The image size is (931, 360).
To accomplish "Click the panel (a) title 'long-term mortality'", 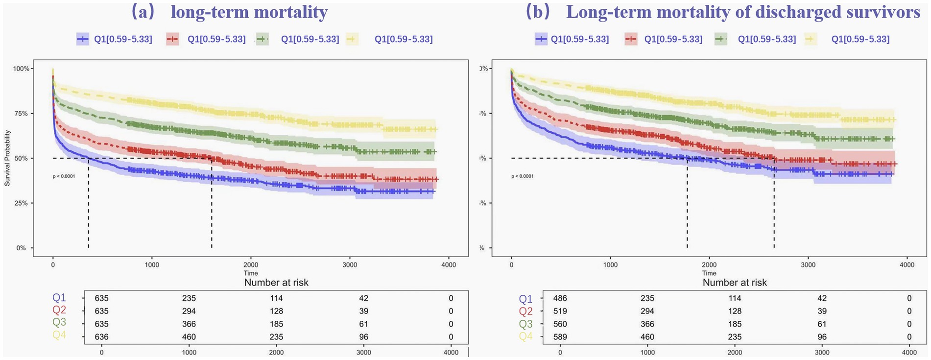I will pos(249,12).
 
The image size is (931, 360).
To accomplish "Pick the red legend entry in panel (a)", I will pos(206,39).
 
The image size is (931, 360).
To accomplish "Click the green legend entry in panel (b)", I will pos(757,39).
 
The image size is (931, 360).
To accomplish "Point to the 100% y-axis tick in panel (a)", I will pos(21,69).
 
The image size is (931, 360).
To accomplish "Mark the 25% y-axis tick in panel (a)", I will pos(21,203).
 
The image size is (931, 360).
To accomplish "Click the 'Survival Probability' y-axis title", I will pos(7,158).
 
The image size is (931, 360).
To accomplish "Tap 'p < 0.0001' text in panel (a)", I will pos(64,176).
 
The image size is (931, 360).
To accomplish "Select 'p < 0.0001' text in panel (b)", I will pos(523,176).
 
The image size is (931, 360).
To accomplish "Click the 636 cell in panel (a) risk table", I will pos(102,337).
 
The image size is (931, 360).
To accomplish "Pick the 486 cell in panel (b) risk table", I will pos(560,298).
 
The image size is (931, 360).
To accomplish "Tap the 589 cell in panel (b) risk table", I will pos(560,337).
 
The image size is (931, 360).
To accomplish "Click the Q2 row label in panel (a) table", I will pos(59,310).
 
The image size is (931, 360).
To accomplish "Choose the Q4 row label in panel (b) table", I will pos(525,336).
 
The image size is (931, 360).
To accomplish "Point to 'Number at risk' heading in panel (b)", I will pos(735,283).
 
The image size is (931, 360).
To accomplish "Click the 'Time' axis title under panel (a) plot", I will pos(251,273).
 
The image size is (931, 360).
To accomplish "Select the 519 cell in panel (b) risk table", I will pos(560,311).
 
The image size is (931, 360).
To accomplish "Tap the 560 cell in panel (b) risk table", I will pos(560,324).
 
